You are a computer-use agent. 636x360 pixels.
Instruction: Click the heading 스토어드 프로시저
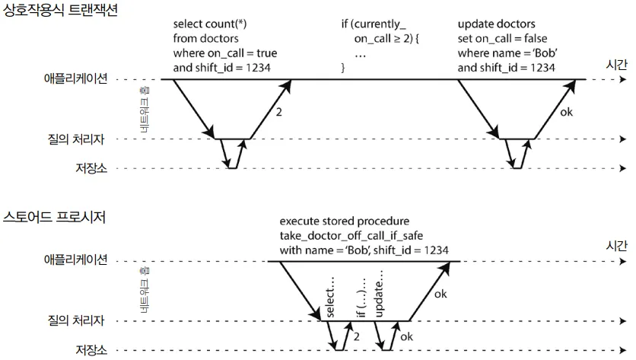click(53, 218)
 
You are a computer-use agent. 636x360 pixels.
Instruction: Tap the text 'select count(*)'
click(209, 24)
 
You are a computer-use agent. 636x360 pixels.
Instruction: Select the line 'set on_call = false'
click(502, 39)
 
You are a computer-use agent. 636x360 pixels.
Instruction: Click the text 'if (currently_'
click(374, 24)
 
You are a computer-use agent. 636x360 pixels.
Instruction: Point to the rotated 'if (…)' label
click(361, 301)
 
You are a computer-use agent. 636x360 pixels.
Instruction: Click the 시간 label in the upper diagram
click(615, 65)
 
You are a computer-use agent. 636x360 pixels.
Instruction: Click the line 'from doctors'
click(205, 39)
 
